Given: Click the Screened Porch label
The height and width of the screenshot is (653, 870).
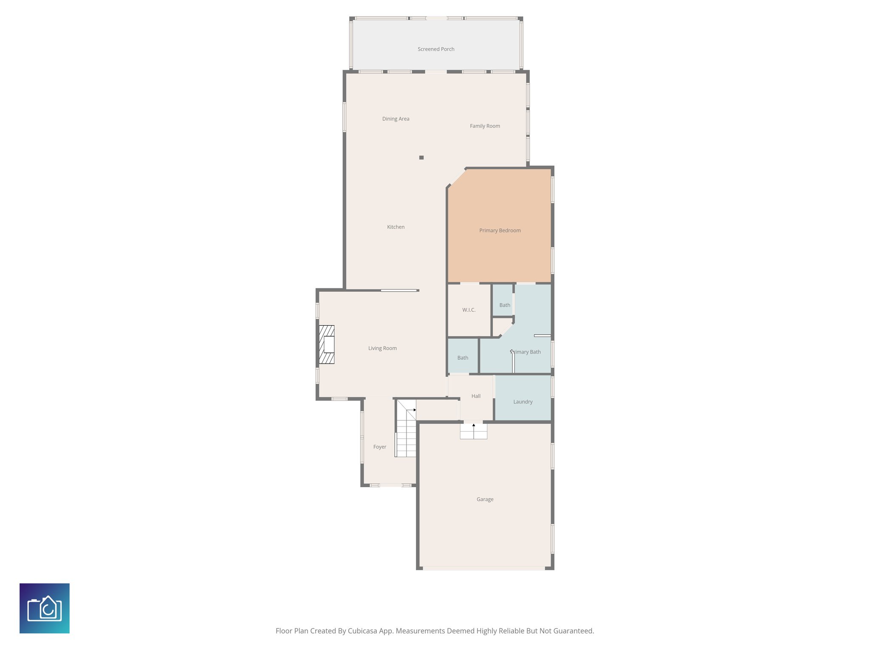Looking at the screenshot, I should (436, 49).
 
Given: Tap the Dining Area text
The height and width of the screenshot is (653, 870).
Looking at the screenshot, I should (395, 119).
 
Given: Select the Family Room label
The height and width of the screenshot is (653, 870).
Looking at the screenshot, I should (485, 126).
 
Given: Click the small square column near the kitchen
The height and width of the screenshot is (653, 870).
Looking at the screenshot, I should (421, 158).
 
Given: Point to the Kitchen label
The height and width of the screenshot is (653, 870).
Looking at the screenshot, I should (395, 227).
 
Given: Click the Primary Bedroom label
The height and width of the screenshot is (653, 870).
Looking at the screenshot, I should (500, 230).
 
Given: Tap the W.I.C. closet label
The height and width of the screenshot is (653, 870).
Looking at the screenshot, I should (469, 310).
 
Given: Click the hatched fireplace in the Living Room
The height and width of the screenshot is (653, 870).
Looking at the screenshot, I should (327, 344).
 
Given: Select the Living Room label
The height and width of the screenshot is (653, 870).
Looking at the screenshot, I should (382, 349).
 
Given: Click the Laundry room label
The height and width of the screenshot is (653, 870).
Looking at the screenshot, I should (523, 402).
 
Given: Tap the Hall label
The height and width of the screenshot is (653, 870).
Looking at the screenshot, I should (476, 396).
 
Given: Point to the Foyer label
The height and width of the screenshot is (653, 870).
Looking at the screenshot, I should (379, 447).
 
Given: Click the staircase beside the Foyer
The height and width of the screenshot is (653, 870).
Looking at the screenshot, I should (406, 429).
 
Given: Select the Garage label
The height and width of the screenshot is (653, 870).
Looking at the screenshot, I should (485, 500).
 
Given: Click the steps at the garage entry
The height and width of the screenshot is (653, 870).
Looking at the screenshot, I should (473, 432).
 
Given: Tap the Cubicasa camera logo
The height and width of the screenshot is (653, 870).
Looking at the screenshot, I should (45, 608).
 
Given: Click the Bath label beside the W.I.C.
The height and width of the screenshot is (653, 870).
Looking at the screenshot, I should (505, 305).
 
